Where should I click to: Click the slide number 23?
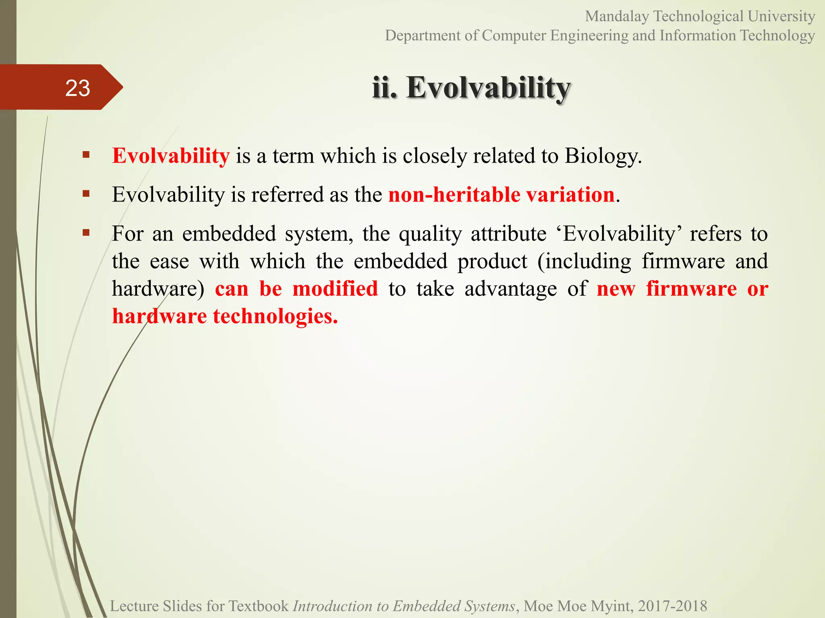tap(77, 88)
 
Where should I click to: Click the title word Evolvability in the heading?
tap(488, 88)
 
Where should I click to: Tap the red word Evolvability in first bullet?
tap(171, 156)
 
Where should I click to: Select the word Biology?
tap(603, 156)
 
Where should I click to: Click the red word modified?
tap(335, 289)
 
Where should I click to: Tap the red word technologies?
tap(275, 316)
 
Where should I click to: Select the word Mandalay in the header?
tap(617, 16)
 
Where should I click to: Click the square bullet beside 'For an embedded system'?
tap(86, 233)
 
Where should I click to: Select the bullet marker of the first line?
tap(86, 155)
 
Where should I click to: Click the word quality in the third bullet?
tap(430, 234)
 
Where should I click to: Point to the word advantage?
tap(511, 289)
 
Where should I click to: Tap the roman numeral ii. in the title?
tap(385, 88)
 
